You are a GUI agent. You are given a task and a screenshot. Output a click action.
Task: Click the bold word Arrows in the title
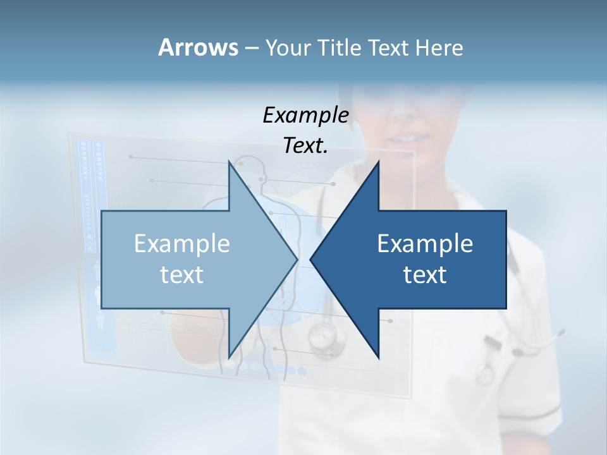point(198,47)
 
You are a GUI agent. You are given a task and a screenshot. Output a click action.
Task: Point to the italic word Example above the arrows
point(305,115)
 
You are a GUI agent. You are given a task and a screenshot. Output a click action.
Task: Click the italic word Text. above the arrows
point(305,145)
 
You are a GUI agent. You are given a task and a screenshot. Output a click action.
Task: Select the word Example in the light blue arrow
point(182,244)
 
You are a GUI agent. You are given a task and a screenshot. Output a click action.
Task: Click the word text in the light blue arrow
point(182,275)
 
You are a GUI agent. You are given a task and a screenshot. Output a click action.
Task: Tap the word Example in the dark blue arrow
point(425,244)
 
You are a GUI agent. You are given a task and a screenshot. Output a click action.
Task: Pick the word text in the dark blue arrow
point(425,275)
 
